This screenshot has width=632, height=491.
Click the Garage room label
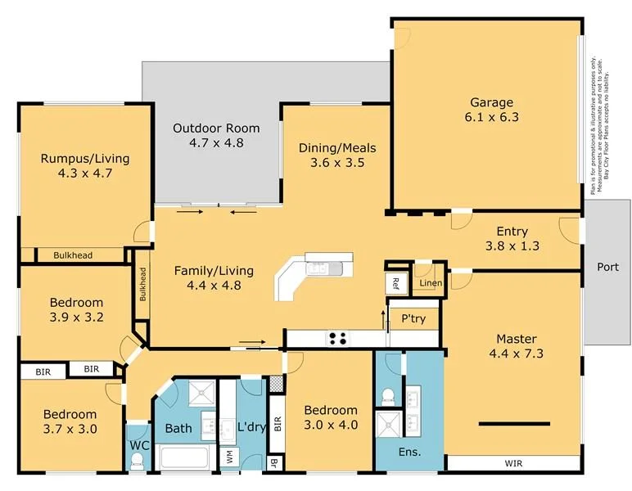[491, 102]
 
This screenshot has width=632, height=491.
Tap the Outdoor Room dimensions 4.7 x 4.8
[215, 142]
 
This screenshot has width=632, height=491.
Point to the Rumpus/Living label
[84, 158]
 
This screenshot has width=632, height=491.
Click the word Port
[607, 267]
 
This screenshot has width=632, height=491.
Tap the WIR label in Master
[514, 464]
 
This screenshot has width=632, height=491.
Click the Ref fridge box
[395, 284]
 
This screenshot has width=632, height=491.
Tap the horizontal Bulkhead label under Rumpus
[73, 255]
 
